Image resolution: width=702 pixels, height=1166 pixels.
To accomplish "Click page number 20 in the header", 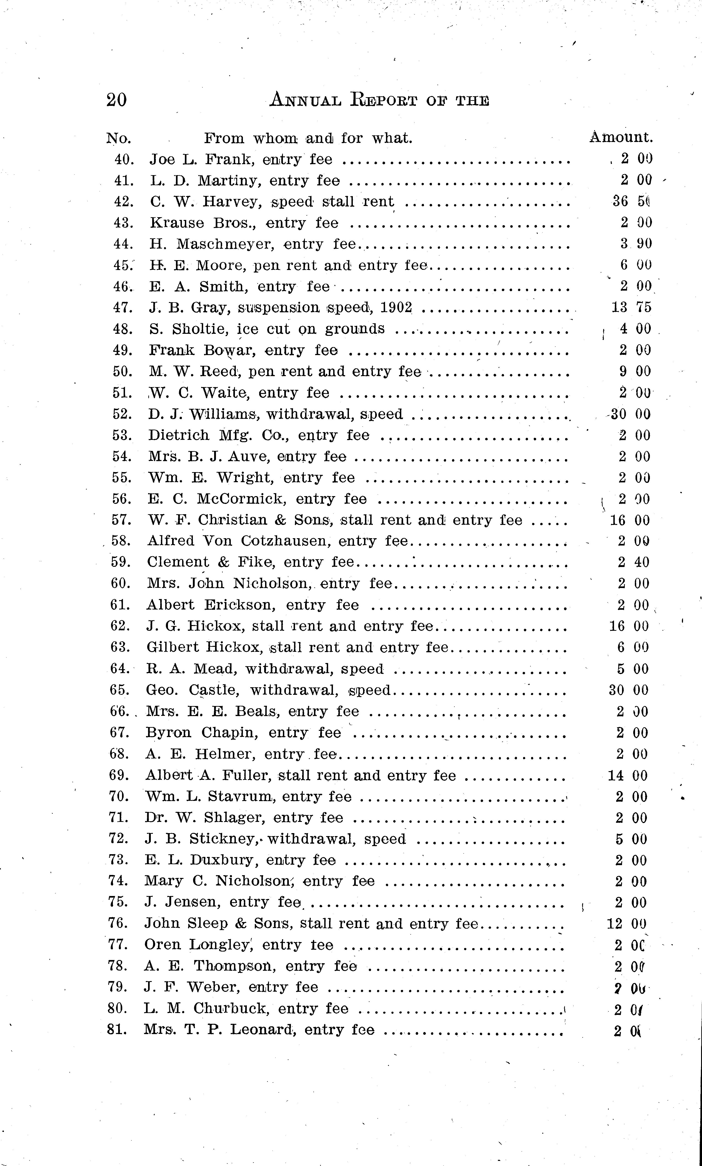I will pyautogui.click(x=116, y=100).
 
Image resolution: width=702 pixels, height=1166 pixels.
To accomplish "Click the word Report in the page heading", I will pyautogui.click(x=384, y=100).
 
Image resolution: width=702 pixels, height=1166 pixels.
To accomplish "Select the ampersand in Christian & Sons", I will pyautogui.click(x=281, y=520).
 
